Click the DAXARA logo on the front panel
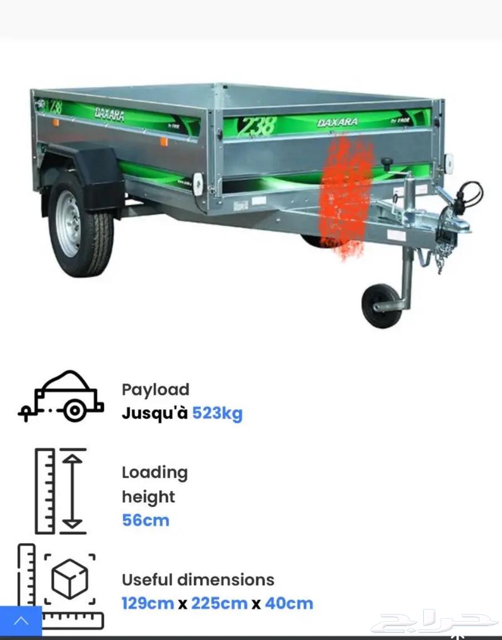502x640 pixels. pyautogui.click(x=337, y=122)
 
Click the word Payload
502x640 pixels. pyautogui.click(x=156, y=389)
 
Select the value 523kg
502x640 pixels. pyautogui.click(x=218, y=413)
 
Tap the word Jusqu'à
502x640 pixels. pyautogui.click(x=155, y=413)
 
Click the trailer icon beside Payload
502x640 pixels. pyautogui.click(x=60, y=396)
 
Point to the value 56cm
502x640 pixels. pyautogui.click(x=146, y=520)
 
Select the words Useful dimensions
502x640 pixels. pyautogui.click(x=198, y=580)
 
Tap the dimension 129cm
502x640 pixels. pyautogui.click(x=148, y=603)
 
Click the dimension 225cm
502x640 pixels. pyautogui.click(x=219, y=603)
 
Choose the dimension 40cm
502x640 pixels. pyautogui.click(x=289, y=603)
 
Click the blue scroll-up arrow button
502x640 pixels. pyautogui.click(x=21, y=621)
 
